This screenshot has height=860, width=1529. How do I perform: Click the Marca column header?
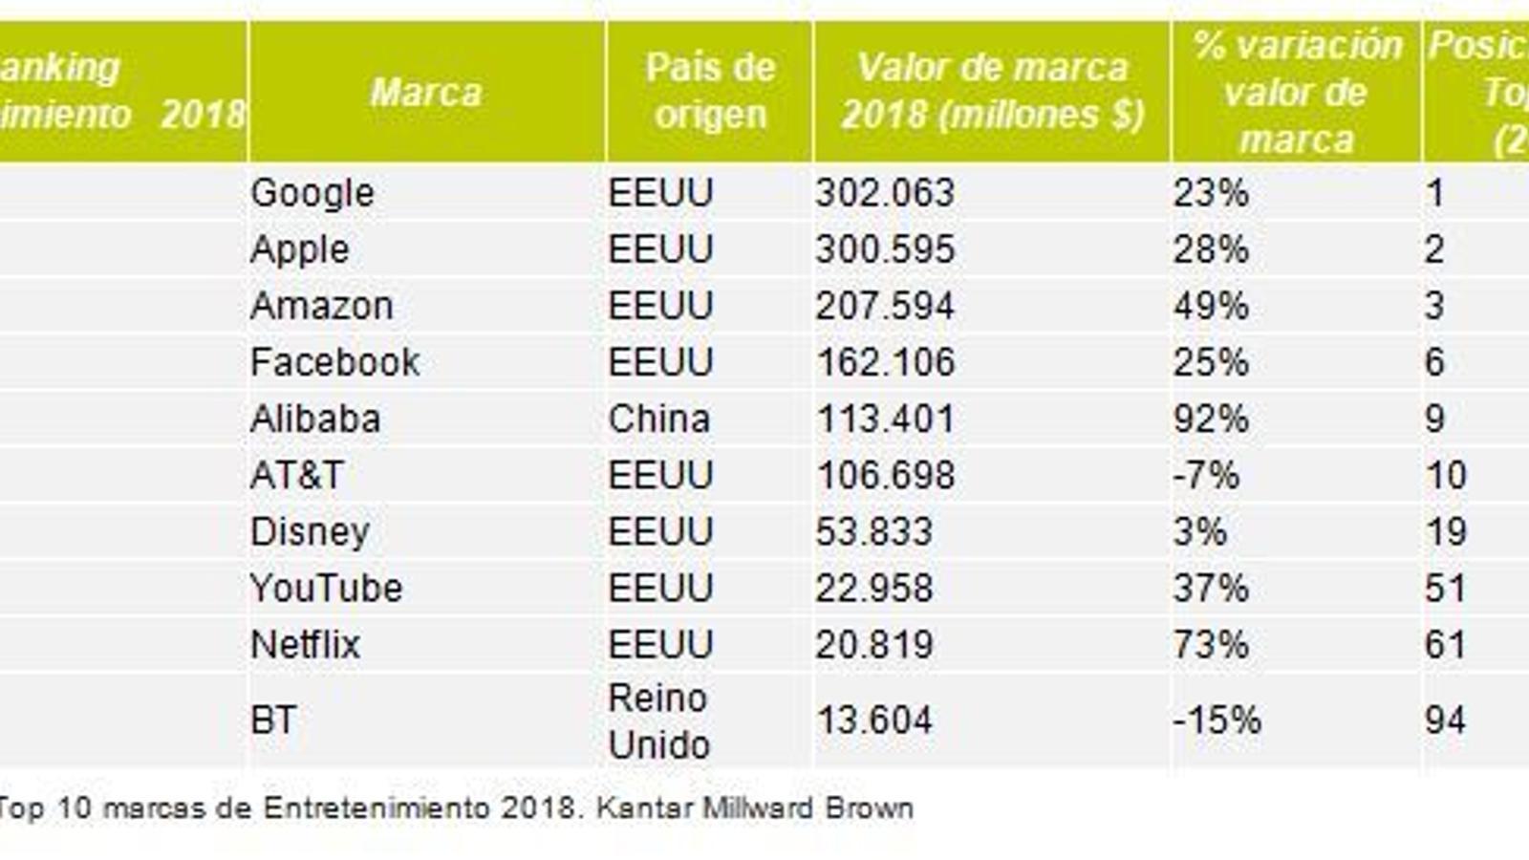tap(426, 93)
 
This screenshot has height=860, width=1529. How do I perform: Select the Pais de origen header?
tap(709, 91)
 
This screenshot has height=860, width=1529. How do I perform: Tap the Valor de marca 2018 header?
tap(992, 91)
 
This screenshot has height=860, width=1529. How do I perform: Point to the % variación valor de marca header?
tap(1297, 93)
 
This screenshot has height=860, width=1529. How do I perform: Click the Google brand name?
tap(312, 193)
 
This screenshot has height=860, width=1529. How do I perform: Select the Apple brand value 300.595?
tap(885, 249)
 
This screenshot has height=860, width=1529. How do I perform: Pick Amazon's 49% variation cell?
tap(1211, 306)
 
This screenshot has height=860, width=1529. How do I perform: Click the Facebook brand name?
tap(334, 362)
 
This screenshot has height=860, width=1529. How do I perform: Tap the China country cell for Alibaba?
tap(658, 419)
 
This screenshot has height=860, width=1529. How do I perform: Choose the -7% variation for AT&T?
tap(1206, 475)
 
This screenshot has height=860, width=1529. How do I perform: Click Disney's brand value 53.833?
tap(873, 531)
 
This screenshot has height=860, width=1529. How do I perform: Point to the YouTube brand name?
tap(326, 588)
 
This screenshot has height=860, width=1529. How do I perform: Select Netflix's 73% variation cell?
tap(1211, 644)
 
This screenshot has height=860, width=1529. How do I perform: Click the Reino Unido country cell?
tap(658, 721)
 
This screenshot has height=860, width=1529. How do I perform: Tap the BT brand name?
tap(273, 720)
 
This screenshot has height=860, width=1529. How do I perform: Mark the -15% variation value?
tap(1217, 720)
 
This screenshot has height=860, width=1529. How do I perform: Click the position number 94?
tap(1445, 720)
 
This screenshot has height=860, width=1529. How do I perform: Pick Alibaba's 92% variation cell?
tap(1211, 419)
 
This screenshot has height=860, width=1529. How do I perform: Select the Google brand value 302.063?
tap(885, 193)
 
